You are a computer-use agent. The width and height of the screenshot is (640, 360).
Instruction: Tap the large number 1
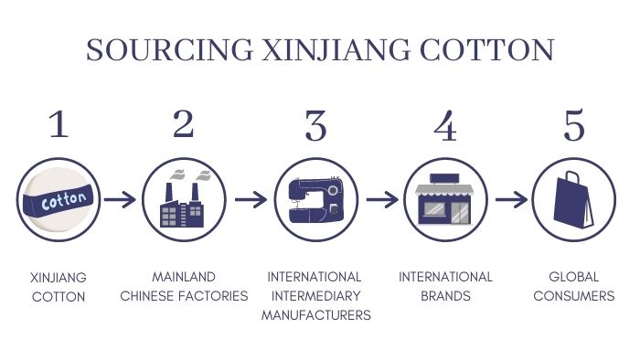point(59,125)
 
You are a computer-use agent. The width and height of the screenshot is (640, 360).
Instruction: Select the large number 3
point(315,125)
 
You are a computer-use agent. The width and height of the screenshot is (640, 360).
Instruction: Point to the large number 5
point(574,125)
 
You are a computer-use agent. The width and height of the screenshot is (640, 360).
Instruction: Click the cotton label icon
point(59,199)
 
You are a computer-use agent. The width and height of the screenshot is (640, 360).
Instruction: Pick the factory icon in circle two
point(184,199)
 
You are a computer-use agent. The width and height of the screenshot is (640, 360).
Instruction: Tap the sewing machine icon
point(315,199)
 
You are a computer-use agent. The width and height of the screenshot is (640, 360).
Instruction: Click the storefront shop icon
point(444,199)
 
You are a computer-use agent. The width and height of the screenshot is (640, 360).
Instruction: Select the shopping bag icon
point(573,199)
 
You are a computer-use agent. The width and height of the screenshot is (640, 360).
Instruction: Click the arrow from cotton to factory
point(120,198)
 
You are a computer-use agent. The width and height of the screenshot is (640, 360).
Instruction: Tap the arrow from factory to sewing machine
point(250,198)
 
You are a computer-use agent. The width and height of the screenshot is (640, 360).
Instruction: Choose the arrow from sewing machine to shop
point(380,198)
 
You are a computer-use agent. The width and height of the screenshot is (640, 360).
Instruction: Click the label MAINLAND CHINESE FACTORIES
point(184,286)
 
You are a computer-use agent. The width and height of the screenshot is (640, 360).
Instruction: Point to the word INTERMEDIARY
point(315,296)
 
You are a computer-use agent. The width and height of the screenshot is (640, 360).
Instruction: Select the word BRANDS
point(445,296)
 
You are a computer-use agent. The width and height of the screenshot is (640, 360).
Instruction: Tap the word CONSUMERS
point(573,296)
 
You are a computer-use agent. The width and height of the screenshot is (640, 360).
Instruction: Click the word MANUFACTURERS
point(315,316)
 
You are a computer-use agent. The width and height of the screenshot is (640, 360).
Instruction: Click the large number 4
point(445,125)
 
